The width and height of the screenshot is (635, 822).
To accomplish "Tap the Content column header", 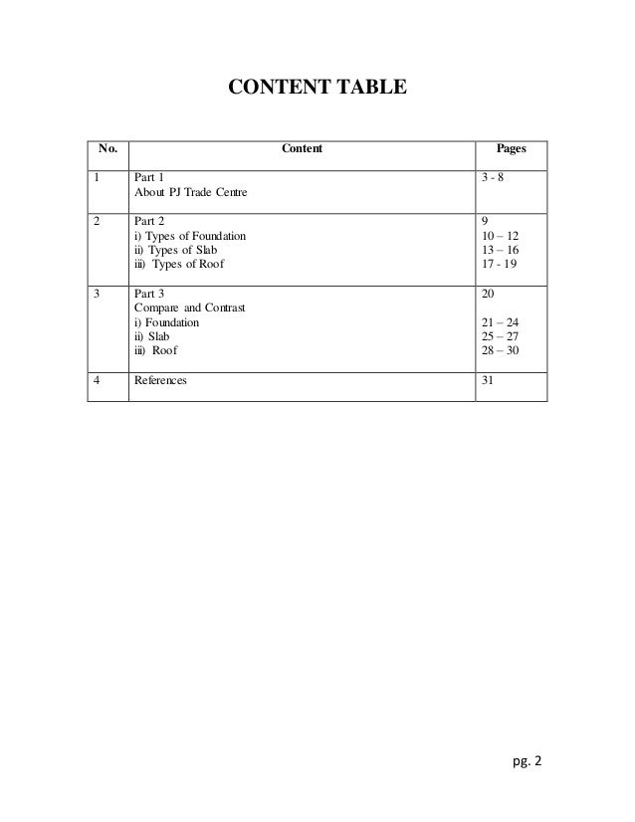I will pyautogui.click(x=302, y=150).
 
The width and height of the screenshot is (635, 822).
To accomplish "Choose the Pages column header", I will pyautogui.click(x=512, y=150).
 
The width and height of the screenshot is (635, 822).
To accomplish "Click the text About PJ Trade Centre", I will pyautogui.click(x=190, y=193).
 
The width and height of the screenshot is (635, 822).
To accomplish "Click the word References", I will pyautogui.click(x=160, y=380).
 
